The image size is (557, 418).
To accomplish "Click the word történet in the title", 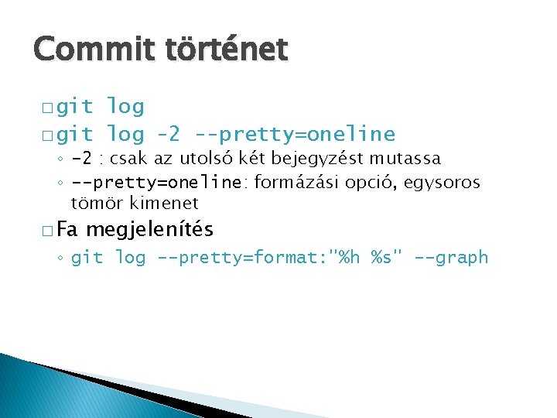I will point(226,50).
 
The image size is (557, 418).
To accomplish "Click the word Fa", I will point(67,230).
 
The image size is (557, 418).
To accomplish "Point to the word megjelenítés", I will point(149,230).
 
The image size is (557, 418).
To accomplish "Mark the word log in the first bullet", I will point(125,106).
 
